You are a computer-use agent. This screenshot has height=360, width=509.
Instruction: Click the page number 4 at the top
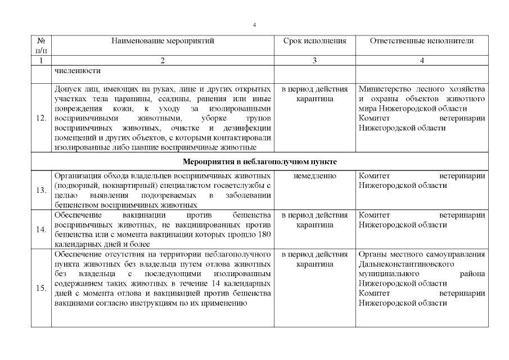coord(254,25)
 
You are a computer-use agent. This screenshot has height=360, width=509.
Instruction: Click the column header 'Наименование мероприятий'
coord(163,41)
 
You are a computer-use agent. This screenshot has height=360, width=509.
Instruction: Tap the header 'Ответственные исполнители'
coord(422,41)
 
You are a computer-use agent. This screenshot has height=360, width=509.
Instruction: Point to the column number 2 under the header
coord(163,61)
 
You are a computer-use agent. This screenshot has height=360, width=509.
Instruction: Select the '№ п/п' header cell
coord(41,45)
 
